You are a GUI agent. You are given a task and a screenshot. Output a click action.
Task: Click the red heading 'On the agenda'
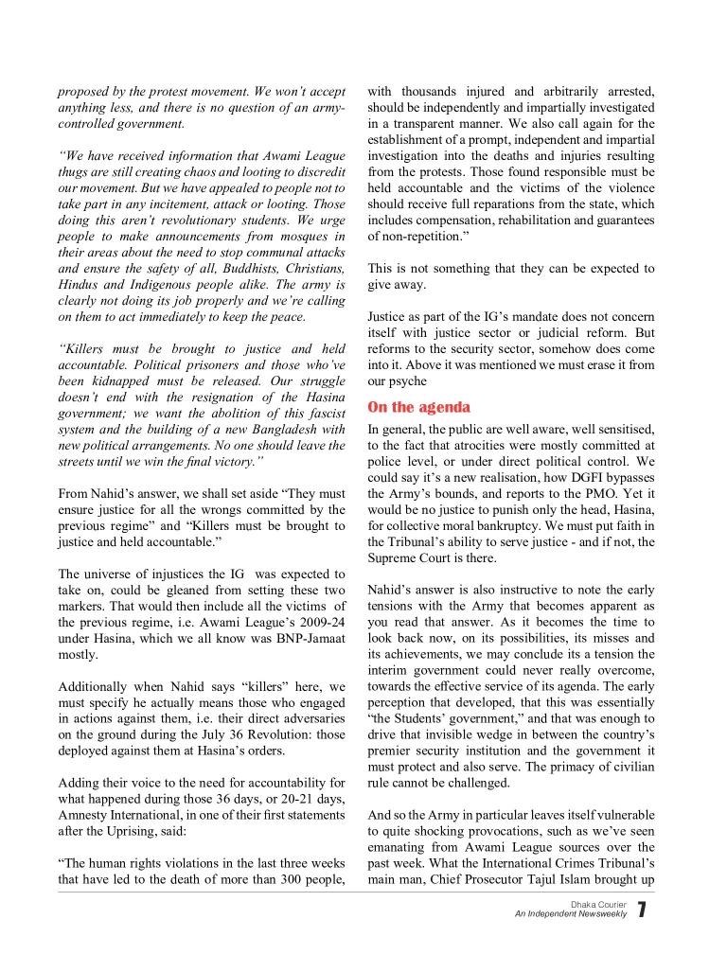[x=418, y=407]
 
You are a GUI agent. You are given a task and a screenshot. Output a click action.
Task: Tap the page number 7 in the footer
[x=642, y=910]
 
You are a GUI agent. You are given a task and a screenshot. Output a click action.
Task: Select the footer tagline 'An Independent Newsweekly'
[x=571, y=915]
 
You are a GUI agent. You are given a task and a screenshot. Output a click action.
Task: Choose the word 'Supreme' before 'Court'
[x=397, y=557]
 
